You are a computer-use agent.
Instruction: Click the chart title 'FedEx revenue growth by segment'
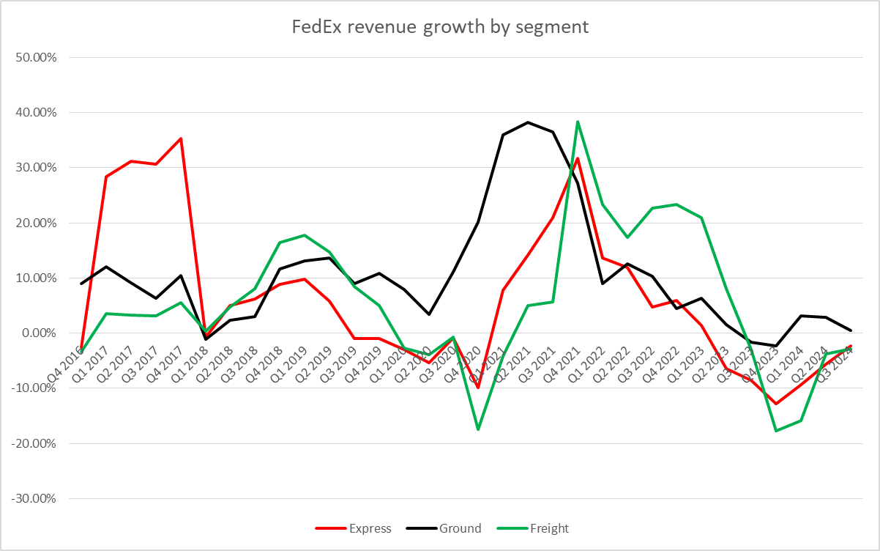[x=440, y=28]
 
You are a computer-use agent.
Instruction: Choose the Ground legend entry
[x=460, y=528]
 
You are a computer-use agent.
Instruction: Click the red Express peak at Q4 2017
[x=181, y=138]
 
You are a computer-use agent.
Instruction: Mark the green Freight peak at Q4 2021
[x=578, y=122]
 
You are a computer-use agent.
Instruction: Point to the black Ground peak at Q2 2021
[x=528, y=122]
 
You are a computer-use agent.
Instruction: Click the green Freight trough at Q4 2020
[x=478, y=429]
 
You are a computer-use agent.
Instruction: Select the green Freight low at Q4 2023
[x=775, y=431]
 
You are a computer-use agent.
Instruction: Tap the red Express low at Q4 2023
[x=775, y=404]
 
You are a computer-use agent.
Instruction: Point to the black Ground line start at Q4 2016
[x=81, y=284]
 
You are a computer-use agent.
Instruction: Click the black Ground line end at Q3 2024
[x=850, y=330]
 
